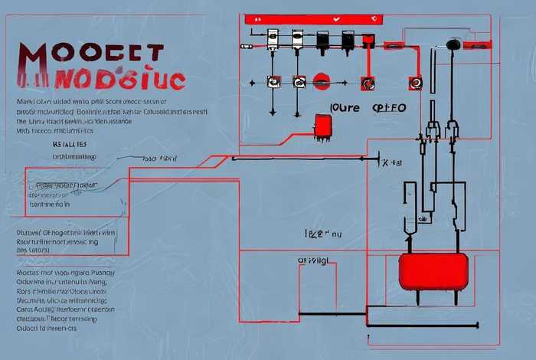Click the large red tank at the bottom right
433,271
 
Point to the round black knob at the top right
453,44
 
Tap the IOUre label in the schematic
344,108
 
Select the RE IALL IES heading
69,143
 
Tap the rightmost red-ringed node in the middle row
417,80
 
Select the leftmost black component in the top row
323,39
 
